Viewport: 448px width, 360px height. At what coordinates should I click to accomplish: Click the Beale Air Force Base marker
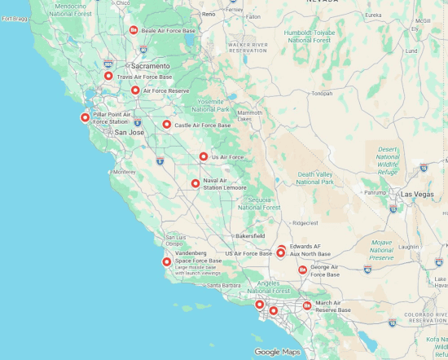[x=134, y=30]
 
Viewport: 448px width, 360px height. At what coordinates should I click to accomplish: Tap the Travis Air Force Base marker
[x=108, y=76]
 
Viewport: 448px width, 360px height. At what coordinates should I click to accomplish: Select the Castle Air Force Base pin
[x=166, y=125]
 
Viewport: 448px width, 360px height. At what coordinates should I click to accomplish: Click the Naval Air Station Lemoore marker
[x=195, y=183]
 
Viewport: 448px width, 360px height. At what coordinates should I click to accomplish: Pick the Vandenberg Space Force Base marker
[x=167, y=261]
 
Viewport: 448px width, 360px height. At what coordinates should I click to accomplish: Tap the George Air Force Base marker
[x=302, y=270]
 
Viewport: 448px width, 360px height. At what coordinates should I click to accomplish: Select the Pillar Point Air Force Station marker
[x=85, y=117]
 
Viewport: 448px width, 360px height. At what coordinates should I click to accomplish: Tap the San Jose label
[x=129, y=132]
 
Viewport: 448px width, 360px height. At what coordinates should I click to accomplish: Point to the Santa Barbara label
[x=224, y=285]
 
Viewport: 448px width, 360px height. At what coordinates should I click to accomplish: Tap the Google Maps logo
[x=277, y=352]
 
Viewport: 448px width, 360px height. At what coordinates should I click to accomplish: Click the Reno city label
[x=209, y=14]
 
